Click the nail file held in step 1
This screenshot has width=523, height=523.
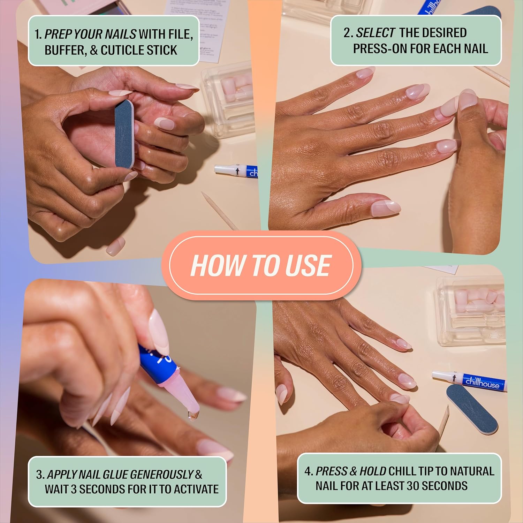(x=124, y=134)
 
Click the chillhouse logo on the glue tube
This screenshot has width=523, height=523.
(x=482, y=382)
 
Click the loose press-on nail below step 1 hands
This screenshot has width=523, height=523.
(x=115, y=246)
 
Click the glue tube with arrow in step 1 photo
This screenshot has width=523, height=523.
(x=235, y=171)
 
